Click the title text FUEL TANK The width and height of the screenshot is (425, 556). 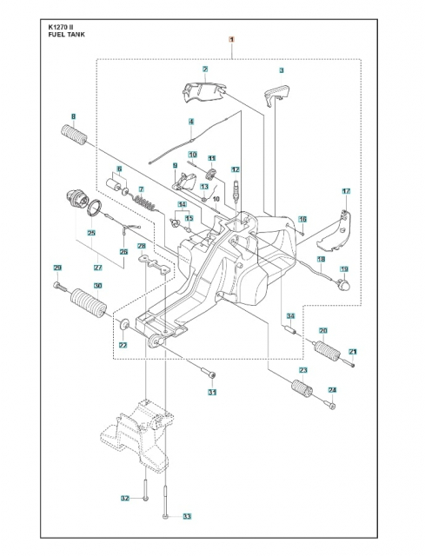coord(67,36)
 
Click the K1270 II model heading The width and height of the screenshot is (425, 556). coord(63,28)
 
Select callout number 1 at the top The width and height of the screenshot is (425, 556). coord(230,40)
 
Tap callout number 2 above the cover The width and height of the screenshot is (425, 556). coord(205,69)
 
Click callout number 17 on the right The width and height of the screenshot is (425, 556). coord(345,190)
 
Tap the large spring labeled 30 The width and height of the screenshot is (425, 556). coord(85,304)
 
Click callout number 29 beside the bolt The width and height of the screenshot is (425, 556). coord(57,267)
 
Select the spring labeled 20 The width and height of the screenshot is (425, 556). coord(328,351)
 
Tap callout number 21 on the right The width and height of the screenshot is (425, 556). coord(353,350)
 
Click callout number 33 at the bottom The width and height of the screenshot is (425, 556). coord(186,517)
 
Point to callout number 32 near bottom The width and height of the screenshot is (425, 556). coord(125,498)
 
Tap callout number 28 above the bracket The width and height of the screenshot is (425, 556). coord(142,248)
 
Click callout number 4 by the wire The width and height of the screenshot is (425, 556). coord(191,121)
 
